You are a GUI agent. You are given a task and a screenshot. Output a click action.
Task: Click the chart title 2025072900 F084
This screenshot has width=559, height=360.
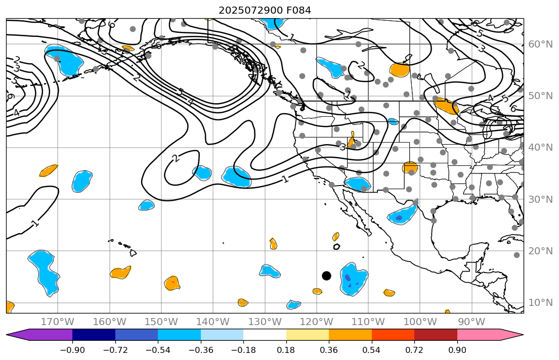pyautogui.click(x=265, y=10)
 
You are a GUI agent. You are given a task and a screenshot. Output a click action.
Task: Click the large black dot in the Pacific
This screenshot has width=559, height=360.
pyautogui.click(x=326, y=276)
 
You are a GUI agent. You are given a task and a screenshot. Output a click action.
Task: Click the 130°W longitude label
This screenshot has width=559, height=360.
pyautogui.click(x=265, y=322)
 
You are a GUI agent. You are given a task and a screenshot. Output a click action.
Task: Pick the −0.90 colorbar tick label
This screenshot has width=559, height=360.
pyautogui.click(x=72, y=350)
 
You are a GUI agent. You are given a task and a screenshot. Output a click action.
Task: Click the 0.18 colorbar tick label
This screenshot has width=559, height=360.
pyautogui.click(x=286, y=350)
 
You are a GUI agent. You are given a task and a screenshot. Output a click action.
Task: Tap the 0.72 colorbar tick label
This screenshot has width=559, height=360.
pyautogui.click(x=414, y=350)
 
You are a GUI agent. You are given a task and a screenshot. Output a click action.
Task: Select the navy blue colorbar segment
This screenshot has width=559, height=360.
pyautogui.click(x=94, y=335)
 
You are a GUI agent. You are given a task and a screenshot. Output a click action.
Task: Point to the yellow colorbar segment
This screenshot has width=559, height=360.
pyautogui.click(x=308, y=335)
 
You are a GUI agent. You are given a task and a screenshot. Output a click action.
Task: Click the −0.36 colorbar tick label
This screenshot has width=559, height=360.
pyautogui.click(x=201, y=350)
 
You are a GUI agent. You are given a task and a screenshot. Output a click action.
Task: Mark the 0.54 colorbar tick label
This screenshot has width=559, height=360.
pyautogui.click(x=372, y=350)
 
